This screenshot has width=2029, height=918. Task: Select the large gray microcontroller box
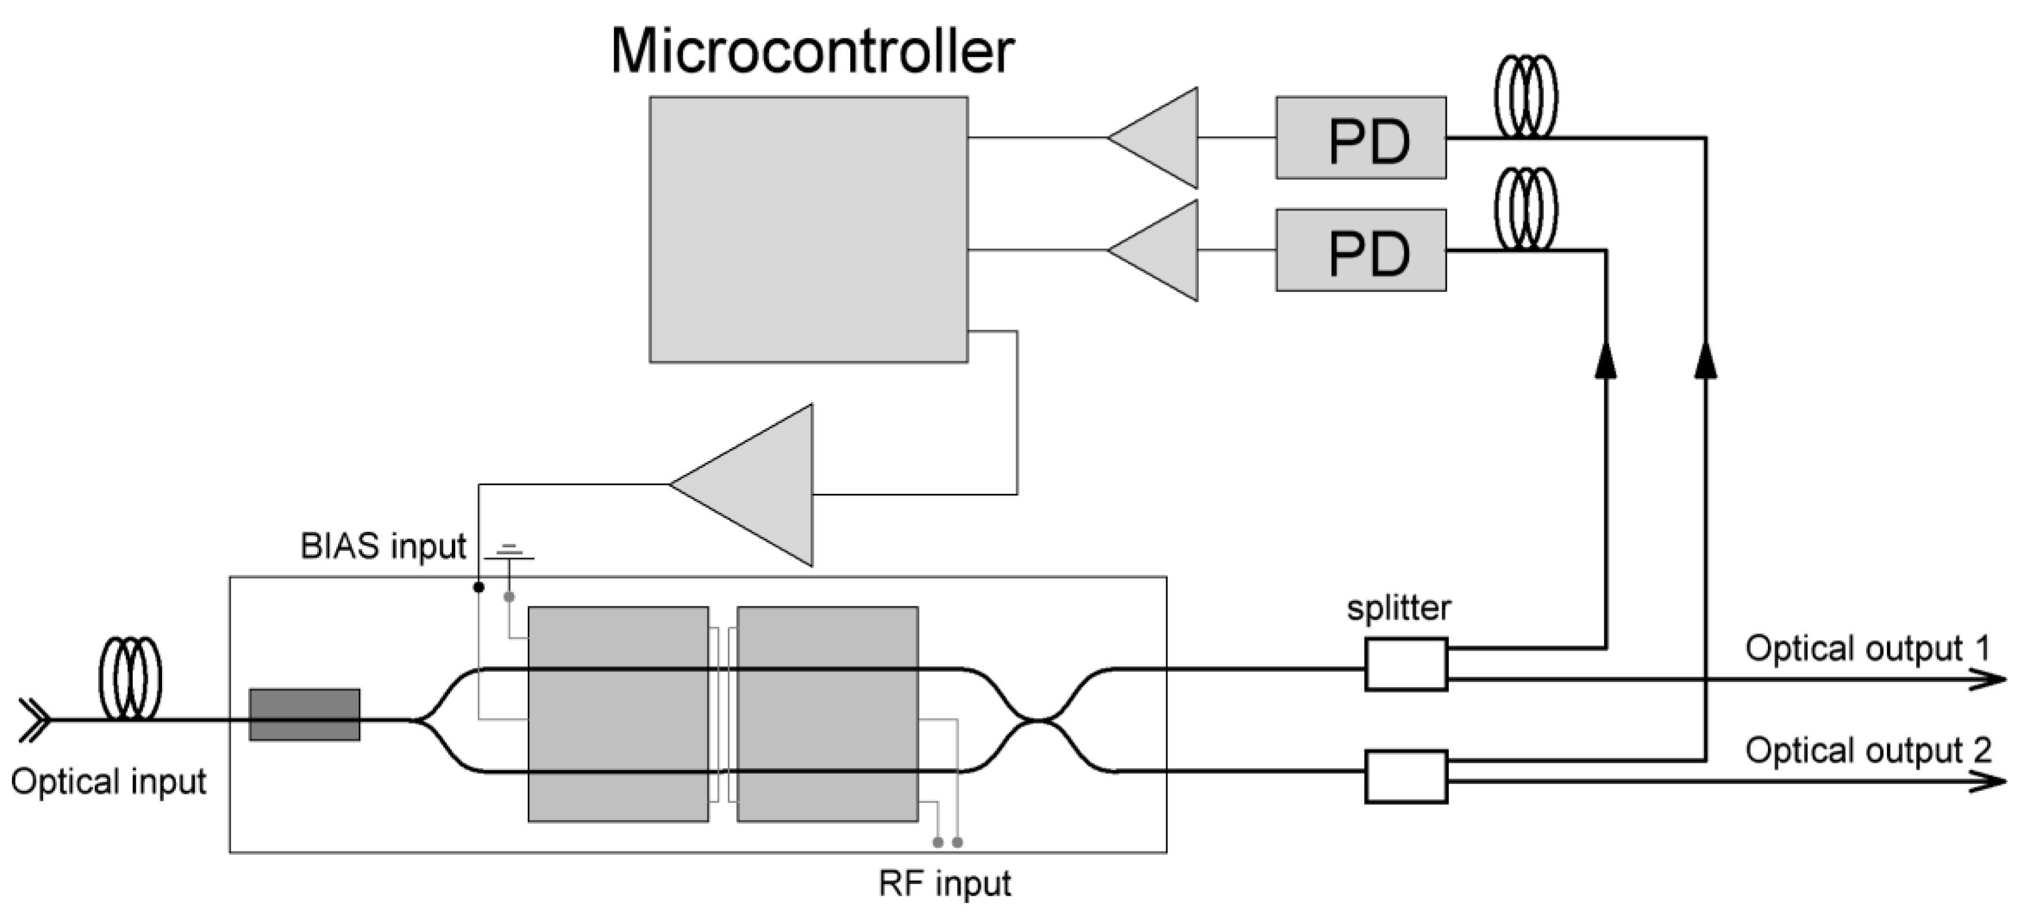[x=808, y=229]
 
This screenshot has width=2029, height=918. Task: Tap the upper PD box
[x=1361, y=138]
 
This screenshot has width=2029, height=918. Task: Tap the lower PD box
[x=1361, y=251]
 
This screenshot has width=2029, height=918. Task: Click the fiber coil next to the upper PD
[x=1525, y=96]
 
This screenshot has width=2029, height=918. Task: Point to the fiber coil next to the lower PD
[x=1525, y=209]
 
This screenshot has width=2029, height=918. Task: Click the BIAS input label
[x=383, y=546]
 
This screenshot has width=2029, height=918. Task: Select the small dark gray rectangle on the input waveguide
[x=305, y=715]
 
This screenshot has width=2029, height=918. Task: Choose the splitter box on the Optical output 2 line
[x=1406, y=777]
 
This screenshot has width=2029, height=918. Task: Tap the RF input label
[x=944, y=884]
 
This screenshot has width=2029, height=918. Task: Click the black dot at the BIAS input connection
[x=478, y=587]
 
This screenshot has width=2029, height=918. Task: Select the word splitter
[x=1398, y=608]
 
